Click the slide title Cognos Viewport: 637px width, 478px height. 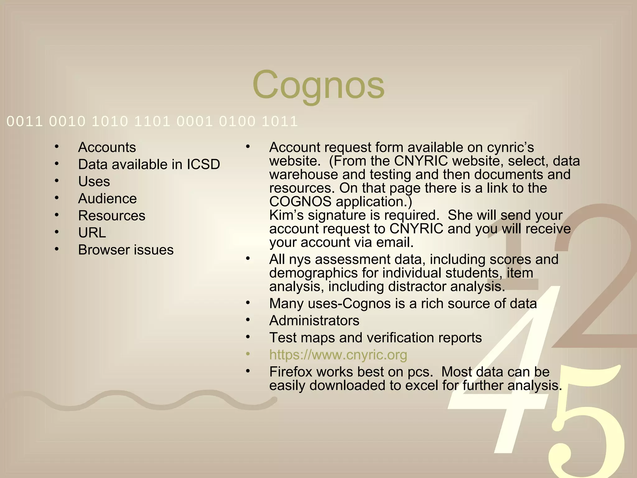(318, 85)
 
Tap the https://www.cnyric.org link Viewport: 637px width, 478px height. (338, 355)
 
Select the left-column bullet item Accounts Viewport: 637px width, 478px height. (107, 147)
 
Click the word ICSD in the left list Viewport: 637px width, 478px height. (203, 164)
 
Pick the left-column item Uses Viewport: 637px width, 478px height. (94, 181)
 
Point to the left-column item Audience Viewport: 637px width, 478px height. (107, 199)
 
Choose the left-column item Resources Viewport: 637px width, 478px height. (112, 216)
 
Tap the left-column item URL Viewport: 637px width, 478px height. (92, 232)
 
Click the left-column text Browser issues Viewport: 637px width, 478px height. (126, 250)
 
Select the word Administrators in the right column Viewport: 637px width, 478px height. (314, 321)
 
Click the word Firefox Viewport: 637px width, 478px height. (291, 372)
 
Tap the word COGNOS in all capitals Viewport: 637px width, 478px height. (300, 202)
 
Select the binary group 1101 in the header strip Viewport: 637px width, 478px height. (152, 121)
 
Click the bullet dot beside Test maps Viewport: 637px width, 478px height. (248, 337)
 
